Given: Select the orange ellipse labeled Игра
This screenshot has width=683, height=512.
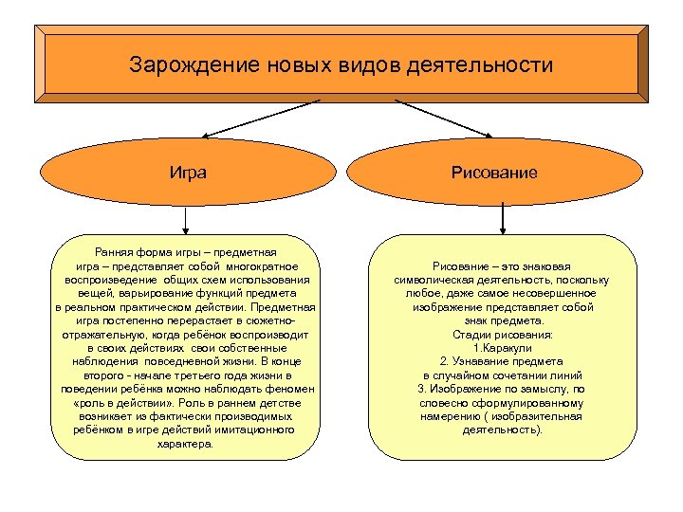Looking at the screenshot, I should (187, 173).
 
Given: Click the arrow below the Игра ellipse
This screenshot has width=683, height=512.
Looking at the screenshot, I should (186, 220).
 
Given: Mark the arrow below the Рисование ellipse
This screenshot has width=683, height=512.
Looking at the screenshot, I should (502, 220).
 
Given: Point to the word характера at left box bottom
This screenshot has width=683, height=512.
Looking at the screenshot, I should (186, 443).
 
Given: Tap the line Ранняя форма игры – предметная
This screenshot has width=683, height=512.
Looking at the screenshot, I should (186, 252).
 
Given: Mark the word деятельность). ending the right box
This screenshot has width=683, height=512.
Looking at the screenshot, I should (502, 430).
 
